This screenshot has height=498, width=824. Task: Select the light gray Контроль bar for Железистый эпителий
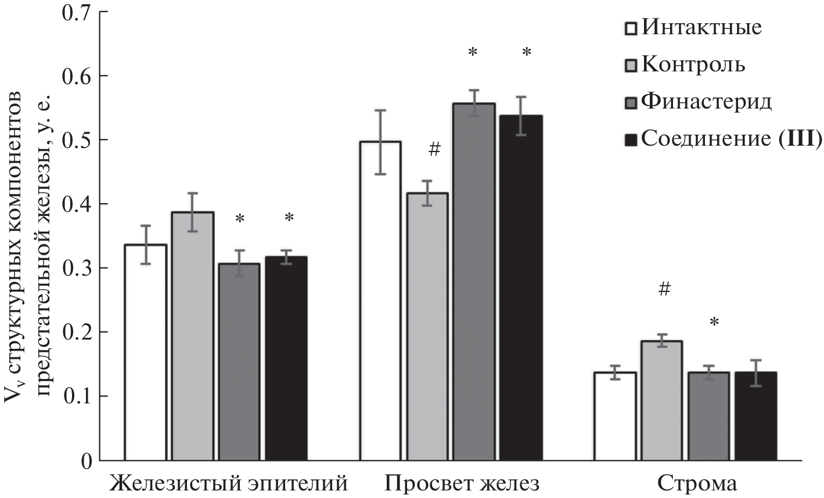(193, 337)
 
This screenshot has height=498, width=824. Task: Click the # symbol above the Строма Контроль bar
(664, 290)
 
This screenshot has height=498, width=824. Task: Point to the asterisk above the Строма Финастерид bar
(714, 322)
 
